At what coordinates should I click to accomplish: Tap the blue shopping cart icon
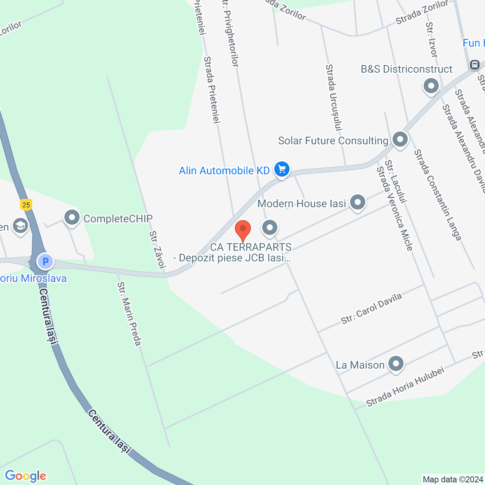click(282, 169)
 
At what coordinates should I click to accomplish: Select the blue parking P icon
click(45, 261)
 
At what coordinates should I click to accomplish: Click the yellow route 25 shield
click(26, 205)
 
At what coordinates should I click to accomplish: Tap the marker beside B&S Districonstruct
click(431, 86)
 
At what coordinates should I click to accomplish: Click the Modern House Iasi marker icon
click(357, 202)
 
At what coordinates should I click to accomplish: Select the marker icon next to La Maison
click(396, 364)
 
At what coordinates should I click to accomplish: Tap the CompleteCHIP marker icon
click(72, 217)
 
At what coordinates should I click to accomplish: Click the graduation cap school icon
click(20, 226)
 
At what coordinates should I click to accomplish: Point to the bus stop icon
click(474, 65)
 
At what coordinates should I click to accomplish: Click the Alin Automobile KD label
click(224, 171)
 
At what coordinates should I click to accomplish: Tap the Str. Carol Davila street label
click(371, 309)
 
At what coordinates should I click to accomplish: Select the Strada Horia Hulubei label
click(405, 387)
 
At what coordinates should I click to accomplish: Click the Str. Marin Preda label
click(129, 314)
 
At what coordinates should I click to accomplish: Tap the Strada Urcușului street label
click(334, 97)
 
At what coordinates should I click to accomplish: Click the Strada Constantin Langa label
click(437, 195)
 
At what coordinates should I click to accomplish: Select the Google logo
click(25, 476)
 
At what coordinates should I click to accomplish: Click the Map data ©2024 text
click(453, 479)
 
